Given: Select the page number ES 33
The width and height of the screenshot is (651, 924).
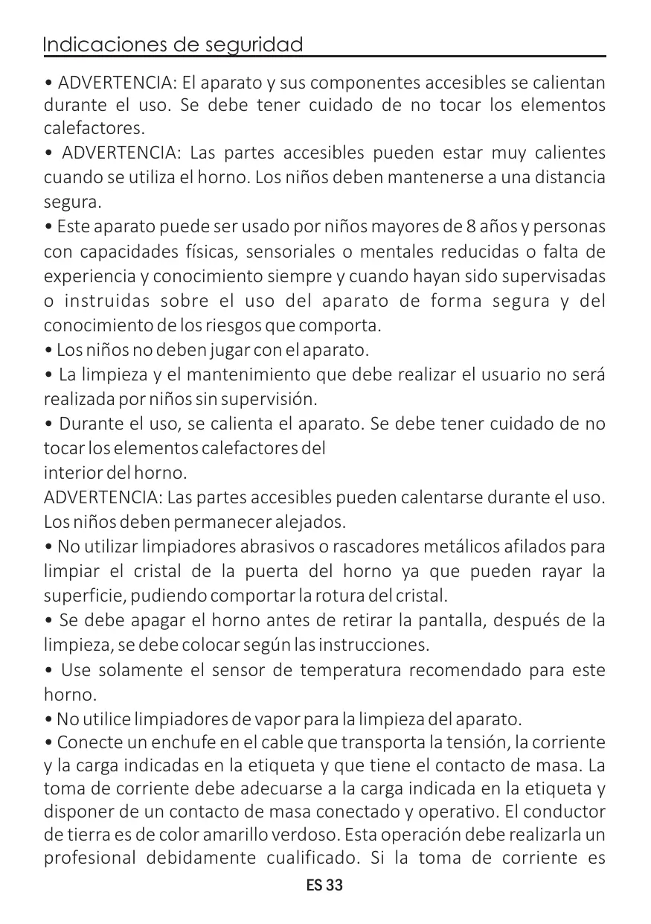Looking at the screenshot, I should pyautogui.click(x=325, y=887).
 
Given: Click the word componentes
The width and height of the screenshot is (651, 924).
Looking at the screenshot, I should pyautogui.click(x=330, y=82).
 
